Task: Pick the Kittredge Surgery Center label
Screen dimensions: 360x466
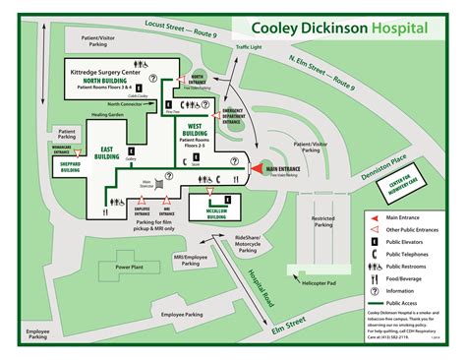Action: [108, 73]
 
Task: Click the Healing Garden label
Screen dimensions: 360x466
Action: [106, 113]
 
